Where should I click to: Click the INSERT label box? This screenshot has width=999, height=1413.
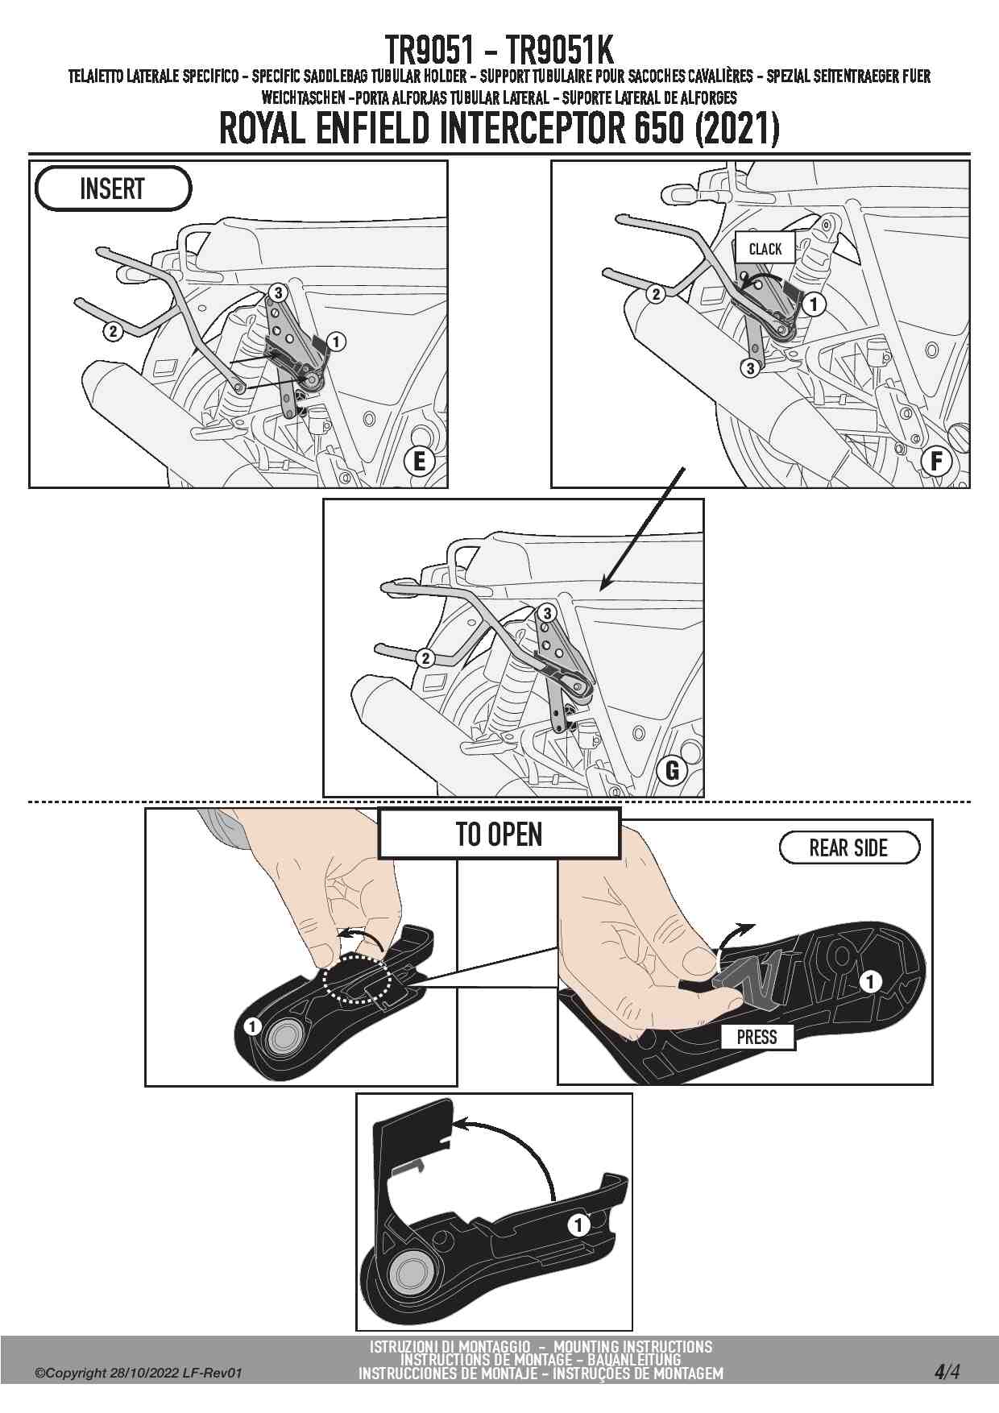click(x=113, y=189)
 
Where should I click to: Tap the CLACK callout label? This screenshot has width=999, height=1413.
click(x=765, y=248)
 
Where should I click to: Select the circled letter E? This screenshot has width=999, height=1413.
click(x=419, y=461)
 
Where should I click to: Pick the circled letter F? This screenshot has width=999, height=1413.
click(x=937, y=461)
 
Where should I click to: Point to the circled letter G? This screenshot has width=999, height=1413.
click(x=673, y=770)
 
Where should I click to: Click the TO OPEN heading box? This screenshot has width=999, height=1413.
click(x=499, y=834)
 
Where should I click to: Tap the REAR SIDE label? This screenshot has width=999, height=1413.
click(x=849, y=847)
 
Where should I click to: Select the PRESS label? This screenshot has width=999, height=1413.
click(x=757, y=1037)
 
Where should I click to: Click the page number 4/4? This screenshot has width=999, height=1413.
click(x=947, y=1371)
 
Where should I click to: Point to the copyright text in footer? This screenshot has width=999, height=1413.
click(x=138, y=1373)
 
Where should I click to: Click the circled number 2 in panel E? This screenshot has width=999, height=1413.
click(x=113, y=330)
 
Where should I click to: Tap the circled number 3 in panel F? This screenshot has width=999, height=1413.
click(x=750, y=368)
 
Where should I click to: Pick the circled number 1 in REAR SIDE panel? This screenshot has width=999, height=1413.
click(x=870, y=981)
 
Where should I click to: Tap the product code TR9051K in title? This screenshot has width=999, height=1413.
click(x=559, y=50)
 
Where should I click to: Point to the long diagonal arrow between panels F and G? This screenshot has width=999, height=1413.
click(x=642, y=527)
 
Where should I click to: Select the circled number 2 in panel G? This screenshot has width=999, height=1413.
click(x=425, y=658)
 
